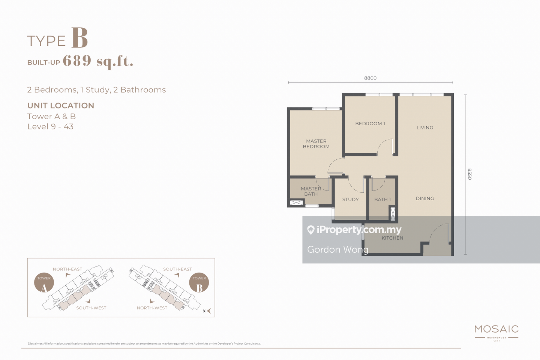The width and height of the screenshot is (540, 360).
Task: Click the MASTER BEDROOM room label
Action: [x=316, y=144]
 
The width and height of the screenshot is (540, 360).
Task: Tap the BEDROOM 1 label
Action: [x=370, y=124]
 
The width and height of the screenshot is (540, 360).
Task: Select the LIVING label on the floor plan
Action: [x=425, y=127]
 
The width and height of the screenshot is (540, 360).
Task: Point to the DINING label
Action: [x=425, y=198]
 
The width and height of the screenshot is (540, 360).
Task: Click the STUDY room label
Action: [x=351, y=199]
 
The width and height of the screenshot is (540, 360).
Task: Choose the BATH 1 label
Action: [x=382, y=199]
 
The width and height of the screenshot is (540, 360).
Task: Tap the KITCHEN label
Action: [x=393, y=238]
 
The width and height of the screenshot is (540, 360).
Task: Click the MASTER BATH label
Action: [x=311, y=191]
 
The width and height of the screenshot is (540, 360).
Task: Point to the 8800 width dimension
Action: [x=370, y=78]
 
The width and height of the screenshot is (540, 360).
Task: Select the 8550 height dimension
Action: [x=469, y=174]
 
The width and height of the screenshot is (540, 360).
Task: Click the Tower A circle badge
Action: [x=44, y=282]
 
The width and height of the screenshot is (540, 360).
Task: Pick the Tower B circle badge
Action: [x=199, y=282]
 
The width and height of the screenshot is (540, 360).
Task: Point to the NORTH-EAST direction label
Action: [x=67, y=269]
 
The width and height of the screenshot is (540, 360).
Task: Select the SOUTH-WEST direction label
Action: [x=91, y=308]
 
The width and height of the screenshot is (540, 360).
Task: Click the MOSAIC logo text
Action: [x=496, y=329]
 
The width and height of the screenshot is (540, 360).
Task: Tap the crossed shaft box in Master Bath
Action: [x=296, y=202]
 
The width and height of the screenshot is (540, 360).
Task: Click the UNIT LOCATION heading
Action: [x=60, y=106]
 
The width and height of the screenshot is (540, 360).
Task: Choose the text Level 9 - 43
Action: [x=50, y=127]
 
